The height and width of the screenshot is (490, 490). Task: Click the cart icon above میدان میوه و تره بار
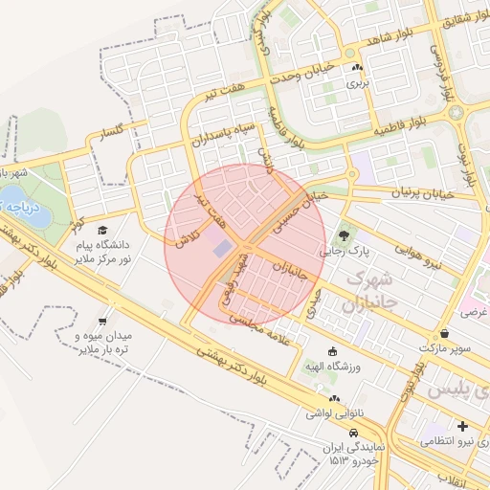click(102, 322)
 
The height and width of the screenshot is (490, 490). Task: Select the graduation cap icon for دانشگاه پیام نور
click(102, 230)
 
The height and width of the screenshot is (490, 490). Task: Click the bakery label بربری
click(357, 83)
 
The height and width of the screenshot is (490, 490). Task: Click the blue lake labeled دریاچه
click(13, 205)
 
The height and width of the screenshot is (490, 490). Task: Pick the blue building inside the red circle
click(222, 249)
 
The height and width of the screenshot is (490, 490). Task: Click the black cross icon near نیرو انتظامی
click(463, 426)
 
